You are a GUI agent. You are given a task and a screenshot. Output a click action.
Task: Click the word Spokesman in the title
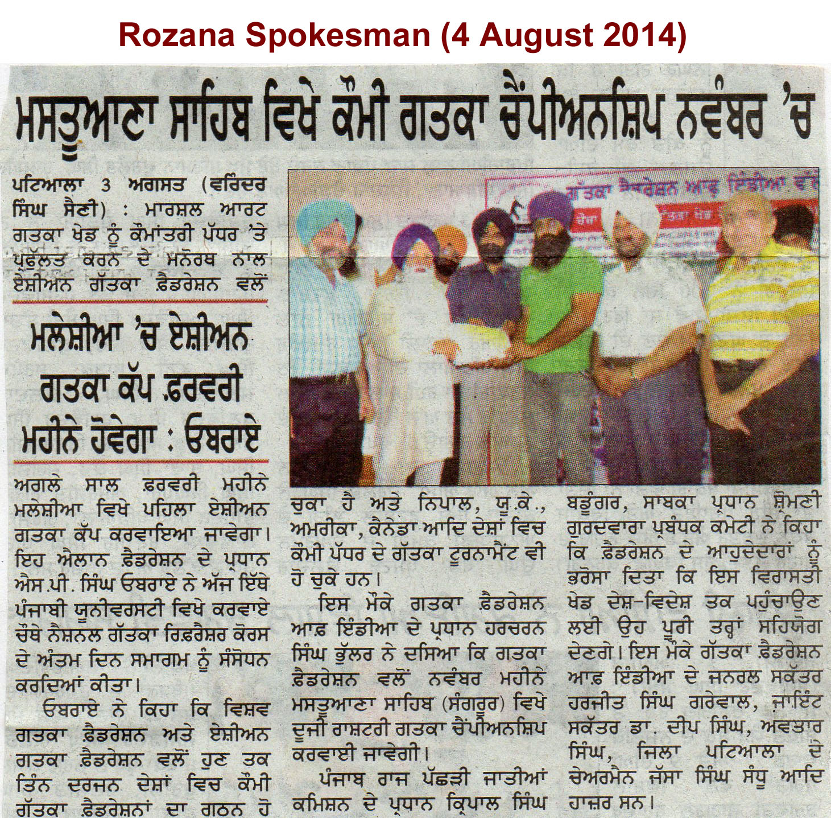(x=340, y=35)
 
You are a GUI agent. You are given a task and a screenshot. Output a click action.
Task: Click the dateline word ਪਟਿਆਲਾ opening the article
(x=48, y=186)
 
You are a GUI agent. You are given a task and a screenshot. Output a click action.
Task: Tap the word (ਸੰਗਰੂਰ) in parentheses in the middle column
(x=476, y=703)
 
